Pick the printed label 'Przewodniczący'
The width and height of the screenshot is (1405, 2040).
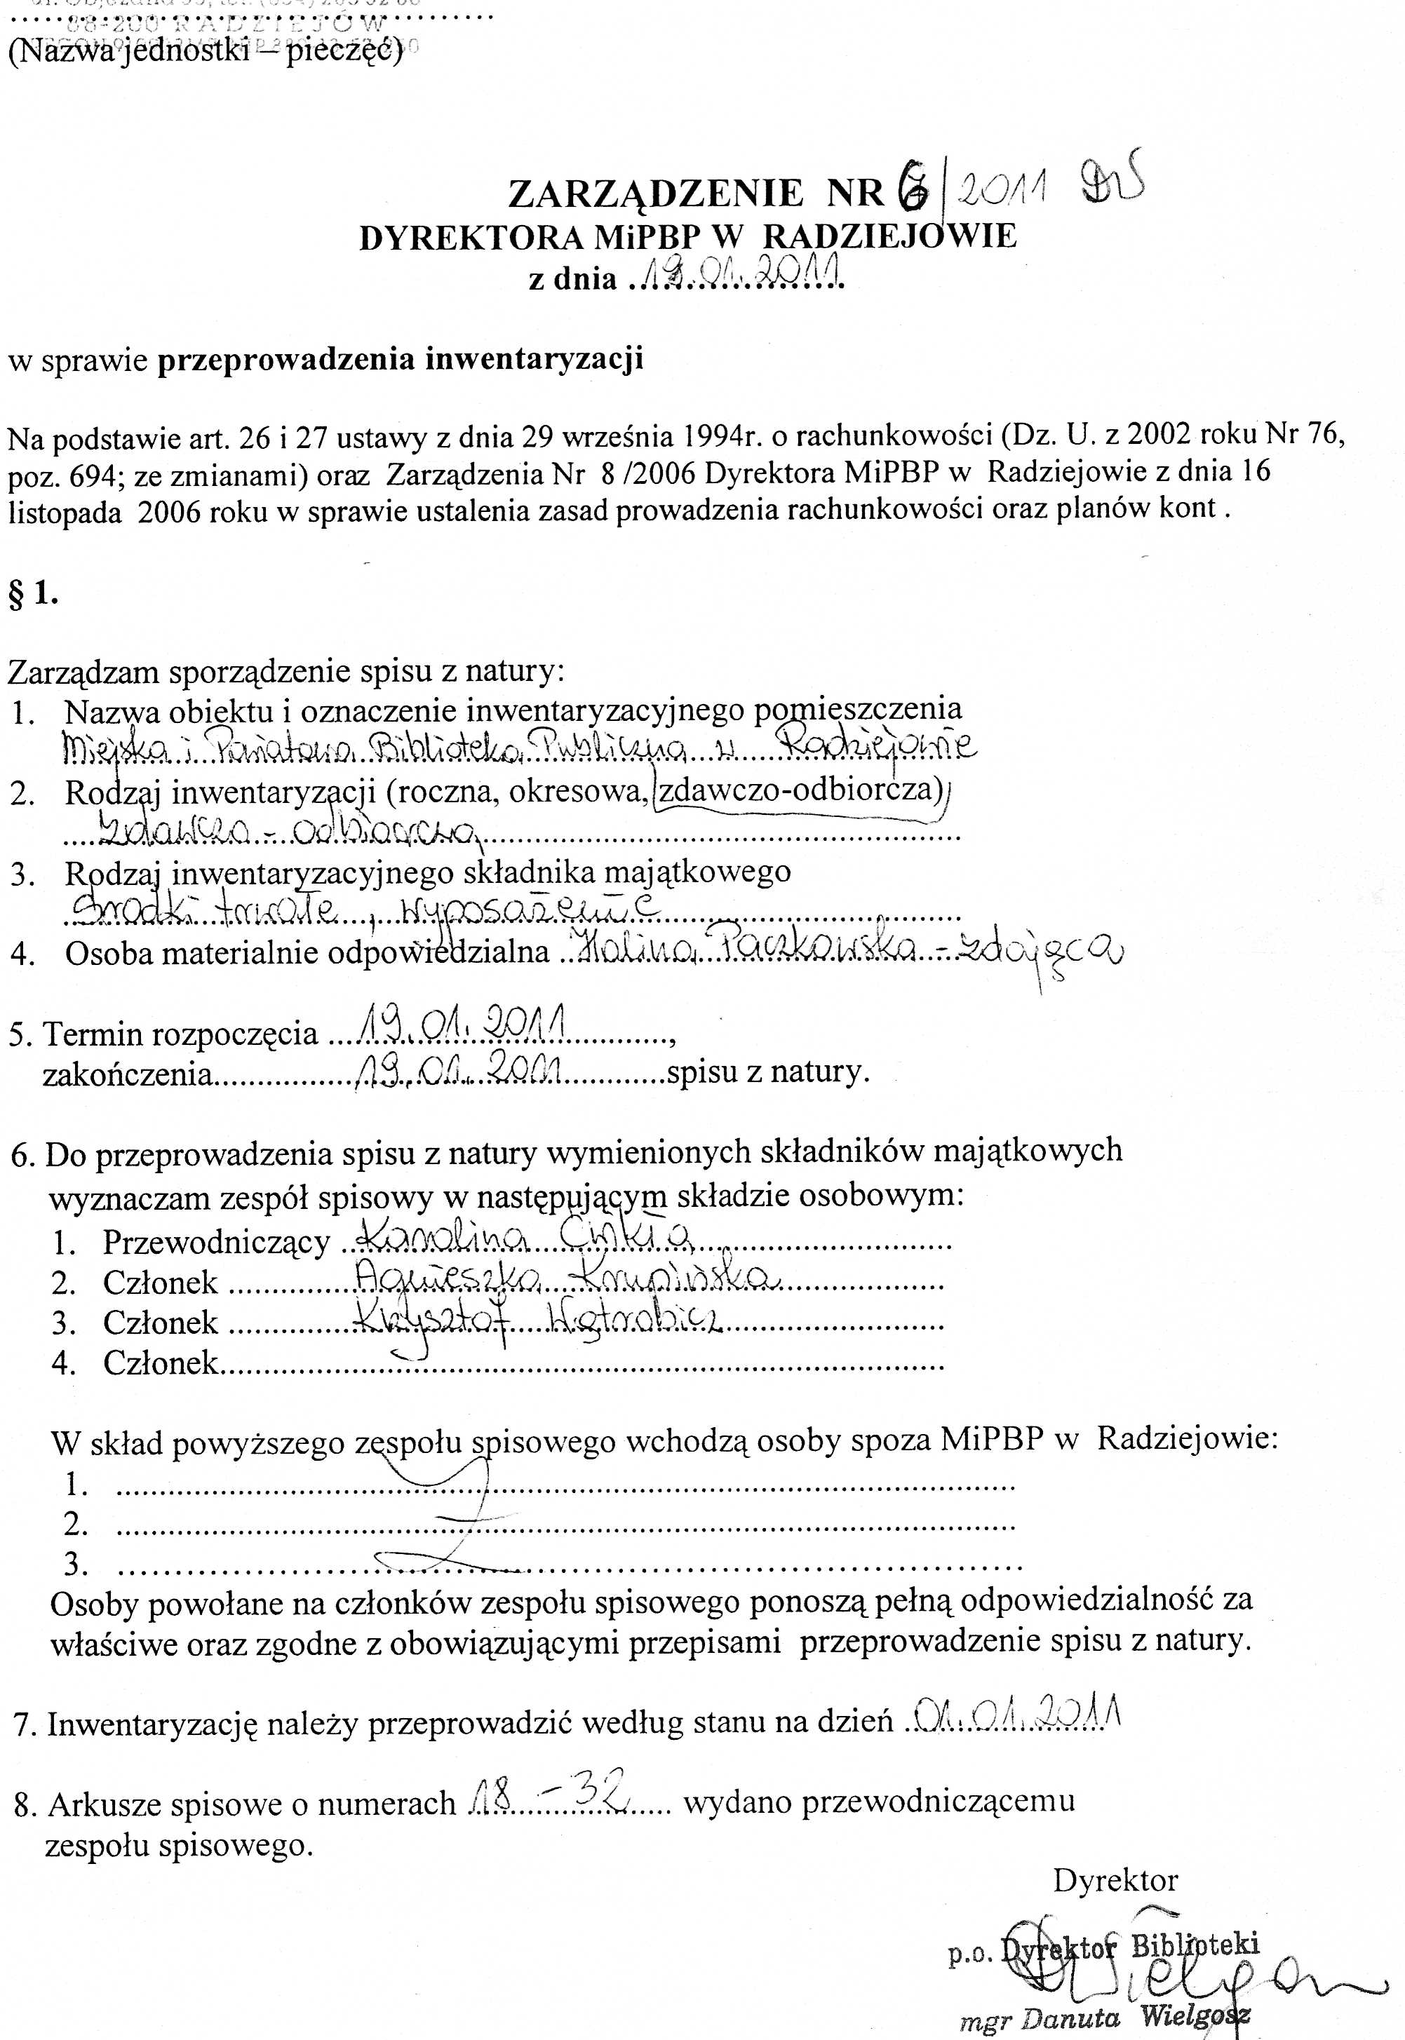(215, 1242)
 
